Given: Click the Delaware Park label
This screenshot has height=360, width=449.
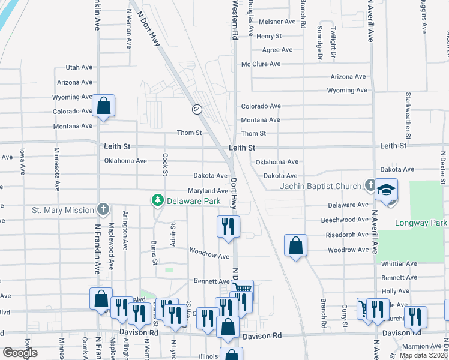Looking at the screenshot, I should pyautogui.click(x=190, y=200).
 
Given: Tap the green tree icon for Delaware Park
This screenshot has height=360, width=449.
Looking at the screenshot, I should pyautogui.click(x=158, y=199).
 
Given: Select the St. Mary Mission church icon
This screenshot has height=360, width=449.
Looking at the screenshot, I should pyautogui.click(x=103, y=209).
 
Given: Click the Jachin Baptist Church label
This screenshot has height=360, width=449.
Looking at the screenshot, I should pyautogui.click(x=321, y=185).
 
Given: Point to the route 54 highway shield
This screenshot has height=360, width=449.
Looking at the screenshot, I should pyautogui.click(x=196, y=109).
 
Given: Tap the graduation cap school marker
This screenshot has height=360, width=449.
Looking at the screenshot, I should pyautogui.click(x=386, y=190).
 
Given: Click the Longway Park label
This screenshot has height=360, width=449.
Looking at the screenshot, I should pyautogui.click(x=421, y=223).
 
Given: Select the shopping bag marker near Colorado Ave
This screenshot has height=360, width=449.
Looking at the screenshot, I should pyautogui.click(x=104, y=106).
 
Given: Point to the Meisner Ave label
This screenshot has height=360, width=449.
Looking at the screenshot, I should pyautogui.click(x=277, y=22).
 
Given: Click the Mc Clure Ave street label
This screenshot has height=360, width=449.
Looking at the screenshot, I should pyautogui.click(x=261, y=64).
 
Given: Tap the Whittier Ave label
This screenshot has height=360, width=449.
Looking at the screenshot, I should pyautogui.click(x=399, y=264).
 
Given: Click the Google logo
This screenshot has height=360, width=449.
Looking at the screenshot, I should pyautogui.click(x=20, y=353).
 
